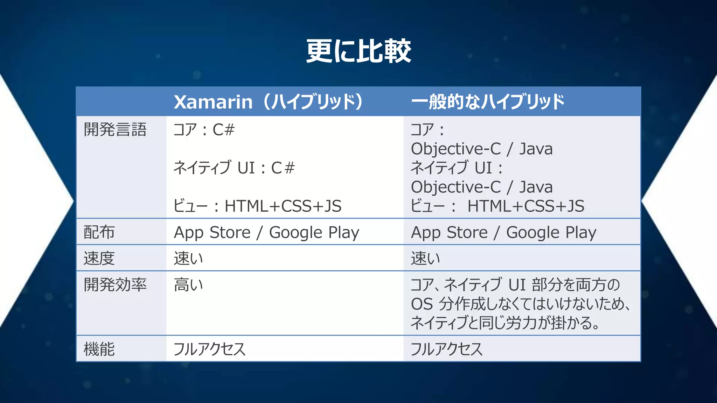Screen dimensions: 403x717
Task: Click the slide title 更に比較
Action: click(358, 51)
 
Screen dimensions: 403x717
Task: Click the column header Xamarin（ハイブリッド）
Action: click(269, 102)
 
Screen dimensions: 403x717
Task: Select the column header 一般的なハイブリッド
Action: click(487, 102)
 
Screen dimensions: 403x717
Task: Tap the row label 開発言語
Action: click(115, 130)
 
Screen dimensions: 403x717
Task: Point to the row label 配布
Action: click(99, 232)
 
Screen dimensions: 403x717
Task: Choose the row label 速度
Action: click(99, 259)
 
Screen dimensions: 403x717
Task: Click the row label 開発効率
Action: click(115, 285)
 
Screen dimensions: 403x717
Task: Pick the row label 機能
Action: click(99, 349)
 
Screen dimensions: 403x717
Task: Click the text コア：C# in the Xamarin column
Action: click(204, 130)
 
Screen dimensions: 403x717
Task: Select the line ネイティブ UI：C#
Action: click(234, 168)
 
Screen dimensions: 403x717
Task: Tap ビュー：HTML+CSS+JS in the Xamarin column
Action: click(257, 206)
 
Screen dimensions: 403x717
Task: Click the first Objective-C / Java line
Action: click(482, 149)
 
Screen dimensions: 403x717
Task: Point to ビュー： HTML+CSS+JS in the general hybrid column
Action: click(497, 206)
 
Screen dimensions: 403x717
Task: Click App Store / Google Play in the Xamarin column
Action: click(266, 233)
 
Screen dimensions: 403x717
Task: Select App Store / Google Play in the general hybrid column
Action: click(503, 233)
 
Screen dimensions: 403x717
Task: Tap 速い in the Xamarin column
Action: click(188, 259)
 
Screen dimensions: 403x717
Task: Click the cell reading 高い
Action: click(188, 285)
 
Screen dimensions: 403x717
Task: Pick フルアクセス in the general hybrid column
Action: click(446, 349)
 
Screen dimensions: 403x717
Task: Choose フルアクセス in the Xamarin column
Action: click(209, 349)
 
